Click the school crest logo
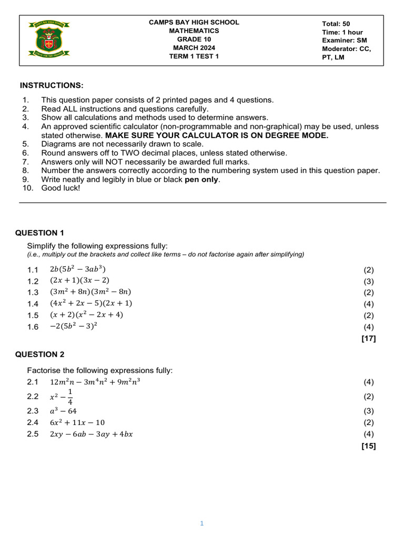51,40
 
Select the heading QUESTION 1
40,233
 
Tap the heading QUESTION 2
40,354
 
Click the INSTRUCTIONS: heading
52,86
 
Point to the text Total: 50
336,24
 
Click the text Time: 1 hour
342,32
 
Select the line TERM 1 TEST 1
194,57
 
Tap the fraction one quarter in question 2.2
70,397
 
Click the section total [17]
368,339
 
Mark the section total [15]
368,446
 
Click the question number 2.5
33,434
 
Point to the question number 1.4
33,304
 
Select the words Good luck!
60,188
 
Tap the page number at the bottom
201,523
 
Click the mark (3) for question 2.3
368,411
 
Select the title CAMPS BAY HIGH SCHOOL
194,23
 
